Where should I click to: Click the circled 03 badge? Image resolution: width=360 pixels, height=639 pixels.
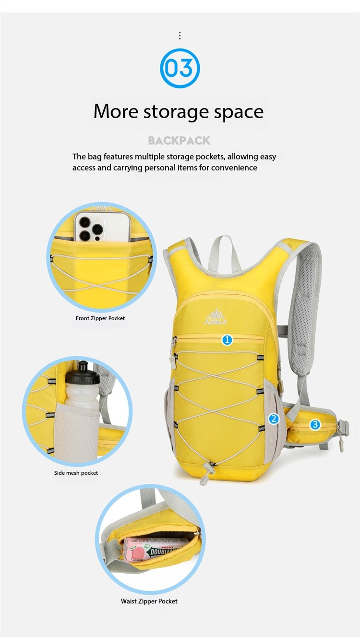point(180,68)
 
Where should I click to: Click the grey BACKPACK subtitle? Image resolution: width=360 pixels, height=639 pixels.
point(179,141)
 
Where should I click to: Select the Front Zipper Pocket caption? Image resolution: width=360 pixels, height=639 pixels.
point(100,318)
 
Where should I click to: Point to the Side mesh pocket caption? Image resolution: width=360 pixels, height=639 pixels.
point(76,473)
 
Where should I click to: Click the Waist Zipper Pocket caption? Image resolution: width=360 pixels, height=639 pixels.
point(149,602)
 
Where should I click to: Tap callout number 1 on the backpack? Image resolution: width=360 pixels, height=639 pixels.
point(227,340)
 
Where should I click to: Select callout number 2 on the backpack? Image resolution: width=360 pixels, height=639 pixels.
point(274,419)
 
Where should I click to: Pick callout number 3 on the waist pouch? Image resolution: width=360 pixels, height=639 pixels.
point(315,424)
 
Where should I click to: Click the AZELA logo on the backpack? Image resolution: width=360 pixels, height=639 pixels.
point(216,317)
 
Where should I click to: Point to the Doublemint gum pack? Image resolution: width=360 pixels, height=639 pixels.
point(154,549)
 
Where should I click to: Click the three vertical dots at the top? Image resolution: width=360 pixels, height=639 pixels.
point(180,36)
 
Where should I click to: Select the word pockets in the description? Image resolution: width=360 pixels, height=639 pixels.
point(210,157)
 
